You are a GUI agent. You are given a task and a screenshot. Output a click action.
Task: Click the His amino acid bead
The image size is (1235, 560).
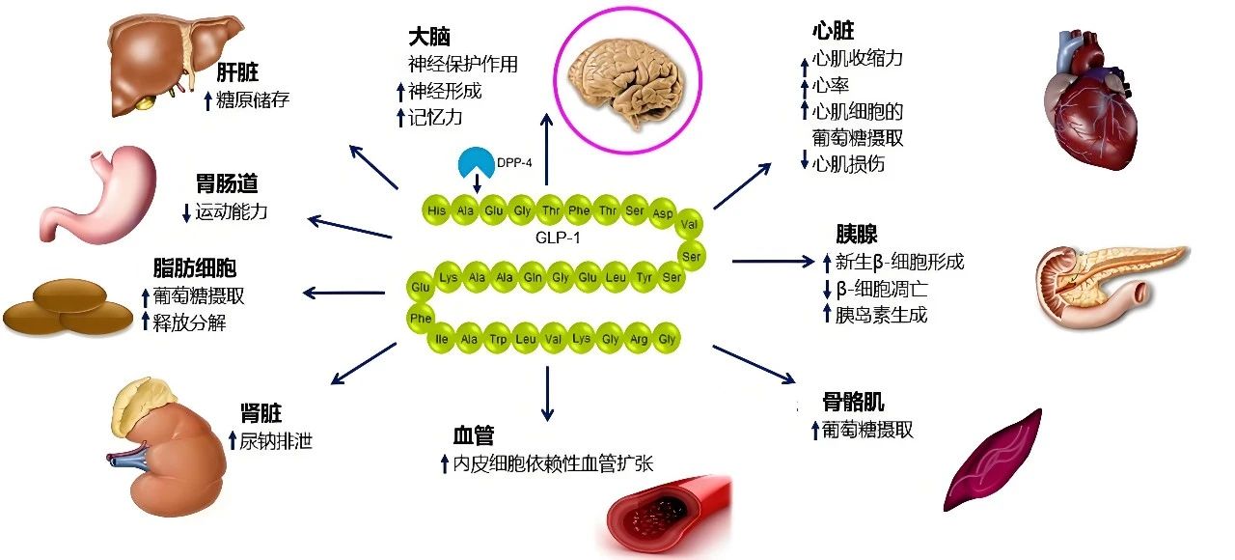pyautogui.click(x=437, y=210)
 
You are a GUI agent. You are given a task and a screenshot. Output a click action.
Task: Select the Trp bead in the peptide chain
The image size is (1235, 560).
pyautogui.click(x=498, y=339)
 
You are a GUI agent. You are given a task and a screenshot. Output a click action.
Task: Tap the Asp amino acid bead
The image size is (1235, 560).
pyautogui.click(x=663, y=212)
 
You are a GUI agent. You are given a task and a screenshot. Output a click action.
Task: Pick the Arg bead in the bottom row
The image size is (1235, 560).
pyautogui.click(x=638, y=340)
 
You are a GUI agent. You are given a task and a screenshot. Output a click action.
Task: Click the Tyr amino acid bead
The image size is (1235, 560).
pyautogui.click(x=645, y=277)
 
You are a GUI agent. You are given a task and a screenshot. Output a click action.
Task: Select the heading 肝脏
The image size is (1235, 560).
pyautogui.click(x=237, y=73)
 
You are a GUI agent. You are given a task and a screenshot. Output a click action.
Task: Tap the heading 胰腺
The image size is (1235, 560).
pyautogui.click(x=856, y=235)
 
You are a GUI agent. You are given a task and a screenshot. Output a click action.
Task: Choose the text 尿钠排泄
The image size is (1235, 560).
pyautogui.click(x=276, y=441)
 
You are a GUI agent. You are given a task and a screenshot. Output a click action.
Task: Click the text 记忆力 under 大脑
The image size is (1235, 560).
pyautogui.click(x=436, y=117)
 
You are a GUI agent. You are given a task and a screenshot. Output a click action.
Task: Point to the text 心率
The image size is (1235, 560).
pyautogui.click(x=832, y=85)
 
